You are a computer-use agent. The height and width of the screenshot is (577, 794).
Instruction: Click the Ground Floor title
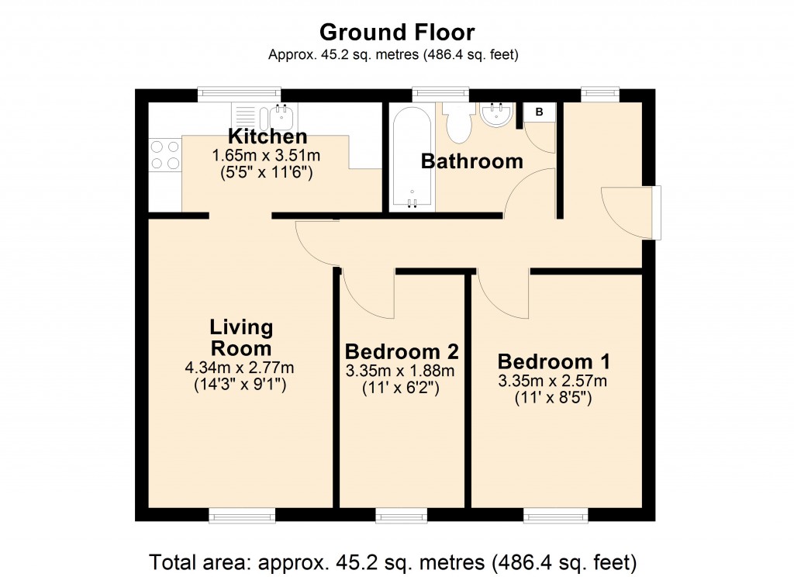tap(396, 33)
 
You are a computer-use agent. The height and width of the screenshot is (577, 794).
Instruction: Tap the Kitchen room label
tap(268, 137)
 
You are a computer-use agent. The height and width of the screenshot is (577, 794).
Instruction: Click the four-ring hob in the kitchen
tap(164, 154)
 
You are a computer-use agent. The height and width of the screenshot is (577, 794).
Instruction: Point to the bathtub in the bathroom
tap(412, 159)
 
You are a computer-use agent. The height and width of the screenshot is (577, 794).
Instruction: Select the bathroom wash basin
tap(496, 116)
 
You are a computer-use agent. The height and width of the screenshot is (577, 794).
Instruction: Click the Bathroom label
tap(471, 161)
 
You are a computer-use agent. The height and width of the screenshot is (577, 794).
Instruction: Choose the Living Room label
tap(242, 337)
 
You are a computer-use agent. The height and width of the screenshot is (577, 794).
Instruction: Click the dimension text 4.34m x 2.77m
tap(242, 367)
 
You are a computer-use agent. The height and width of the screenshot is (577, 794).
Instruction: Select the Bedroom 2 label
tap(402, 350)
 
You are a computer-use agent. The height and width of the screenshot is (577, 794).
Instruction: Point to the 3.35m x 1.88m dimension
tap(402, 371)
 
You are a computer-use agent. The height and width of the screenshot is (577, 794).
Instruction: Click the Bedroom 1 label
tap(554, 361)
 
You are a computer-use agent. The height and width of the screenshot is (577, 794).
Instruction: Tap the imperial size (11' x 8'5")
tap(554, 398)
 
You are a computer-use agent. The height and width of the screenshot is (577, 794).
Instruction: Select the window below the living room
tap(242, 515)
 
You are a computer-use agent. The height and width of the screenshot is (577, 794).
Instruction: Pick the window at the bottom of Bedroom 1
tap(555, 515)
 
